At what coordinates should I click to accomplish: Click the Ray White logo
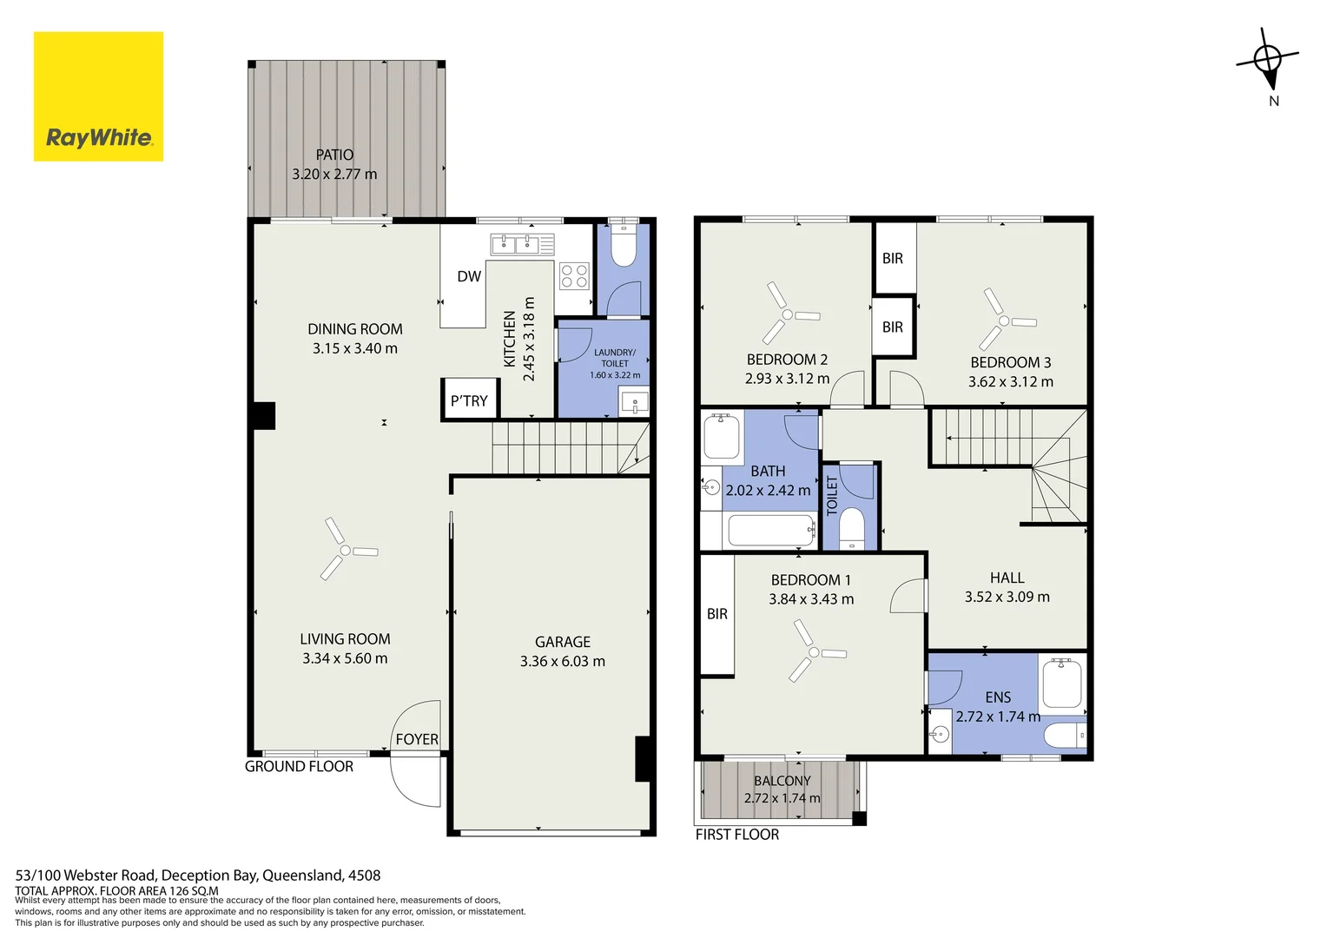[x=98, y=96]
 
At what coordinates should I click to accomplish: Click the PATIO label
[x=334, y=155]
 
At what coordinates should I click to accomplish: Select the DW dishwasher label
[x=469, y=276]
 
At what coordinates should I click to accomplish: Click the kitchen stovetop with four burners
[x=574, y=276]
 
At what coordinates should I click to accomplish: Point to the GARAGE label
[x=563, y=642]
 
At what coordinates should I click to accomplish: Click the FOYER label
[x=417, y=739]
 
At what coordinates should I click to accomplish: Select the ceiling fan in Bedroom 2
[x=789, y=314]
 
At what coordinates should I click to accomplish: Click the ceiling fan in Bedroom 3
[x=1006, y=320]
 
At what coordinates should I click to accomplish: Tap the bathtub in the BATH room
[x=771, y=531]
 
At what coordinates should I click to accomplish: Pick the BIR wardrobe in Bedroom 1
[x=717, y=614]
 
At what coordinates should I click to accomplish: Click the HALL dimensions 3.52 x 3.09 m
[x=1007, y=597]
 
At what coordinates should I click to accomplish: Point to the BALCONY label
[x=782, y=781]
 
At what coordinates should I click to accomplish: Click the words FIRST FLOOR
[x=737, y=835]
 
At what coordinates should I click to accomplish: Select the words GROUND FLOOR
[x=299, y=766]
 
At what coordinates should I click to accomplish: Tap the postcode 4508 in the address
[x=365, y=875]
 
